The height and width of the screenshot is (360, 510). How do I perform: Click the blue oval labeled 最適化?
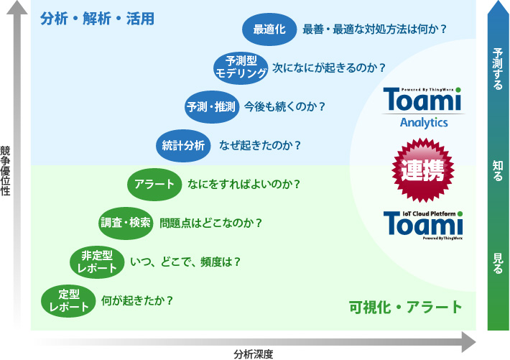269,29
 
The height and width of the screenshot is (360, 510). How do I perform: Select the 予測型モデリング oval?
241,68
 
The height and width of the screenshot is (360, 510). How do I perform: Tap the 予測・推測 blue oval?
212,107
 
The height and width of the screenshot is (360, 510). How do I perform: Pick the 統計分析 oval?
183,145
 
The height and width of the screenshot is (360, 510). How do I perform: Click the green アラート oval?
154,184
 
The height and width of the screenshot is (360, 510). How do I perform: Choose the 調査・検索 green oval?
126,223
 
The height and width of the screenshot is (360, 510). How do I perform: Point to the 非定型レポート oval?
97,262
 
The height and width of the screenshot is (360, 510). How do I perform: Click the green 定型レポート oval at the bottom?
69,301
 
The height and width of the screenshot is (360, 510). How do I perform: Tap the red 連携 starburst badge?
423,170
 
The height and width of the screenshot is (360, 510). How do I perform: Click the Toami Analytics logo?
423,108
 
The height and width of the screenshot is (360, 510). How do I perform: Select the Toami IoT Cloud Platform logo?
423,225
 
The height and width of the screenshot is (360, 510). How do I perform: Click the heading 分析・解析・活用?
97,19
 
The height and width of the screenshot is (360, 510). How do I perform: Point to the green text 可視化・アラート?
405,308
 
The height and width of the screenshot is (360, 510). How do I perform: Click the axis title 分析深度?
254,354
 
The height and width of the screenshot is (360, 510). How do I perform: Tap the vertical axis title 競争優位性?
5,170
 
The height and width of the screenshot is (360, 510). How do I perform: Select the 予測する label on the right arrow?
498,69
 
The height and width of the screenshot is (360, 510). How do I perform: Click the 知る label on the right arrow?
498,170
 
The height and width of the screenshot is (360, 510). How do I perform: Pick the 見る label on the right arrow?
498,263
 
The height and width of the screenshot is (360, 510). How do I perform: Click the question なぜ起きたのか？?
260,145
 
